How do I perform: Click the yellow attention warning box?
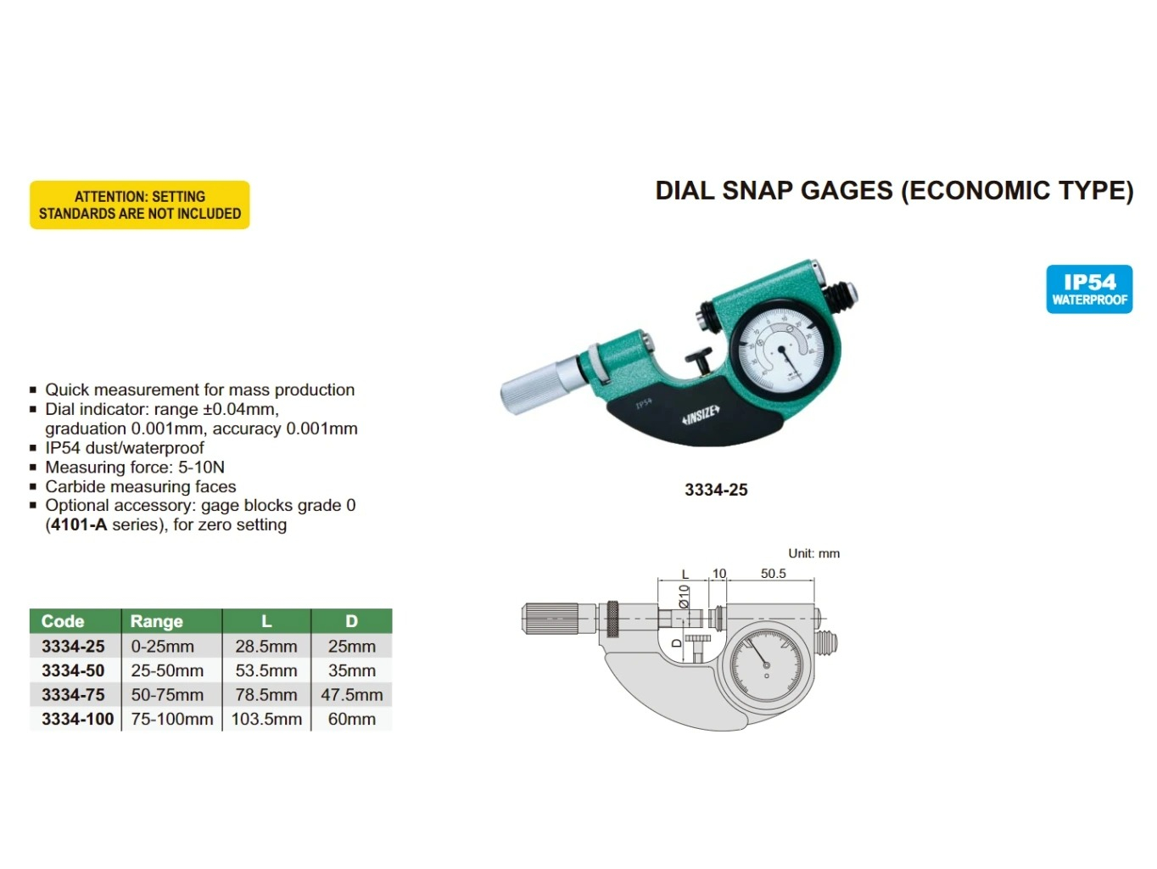(x=140, y=205)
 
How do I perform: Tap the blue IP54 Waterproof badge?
(x=1089, y=289)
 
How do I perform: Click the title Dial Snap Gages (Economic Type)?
(x=894, y=191)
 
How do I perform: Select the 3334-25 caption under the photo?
(x=716, y=490)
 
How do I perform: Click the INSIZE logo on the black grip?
(x=701, y=415)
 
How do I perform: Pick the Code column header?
(x=64, y=621)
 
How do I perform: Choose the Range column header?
(x=157, y=621)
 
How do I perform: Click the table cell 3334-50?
(x=74, y=670)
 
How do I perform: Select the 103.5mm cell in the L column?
(x=266, y=719)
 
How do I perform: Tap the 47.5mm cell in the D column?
(x=352, y=695)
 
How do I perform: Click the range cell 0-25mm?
(x=163, y=647)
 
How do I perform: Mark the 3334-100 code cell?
(x=78, y=719)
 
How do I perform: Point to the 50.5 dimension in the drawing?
(x=773, y=574)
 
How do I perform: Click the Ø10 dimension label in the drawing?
(x=684, y=597)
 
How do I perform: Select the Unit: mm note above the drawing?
(x=813, y=553)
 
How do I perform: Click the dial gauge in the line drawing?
(x=766, y=665)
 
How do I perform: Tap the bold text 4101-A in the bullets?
(x=79, y=524)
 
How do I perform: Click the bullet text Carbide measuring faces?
(x=141, y=486)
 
